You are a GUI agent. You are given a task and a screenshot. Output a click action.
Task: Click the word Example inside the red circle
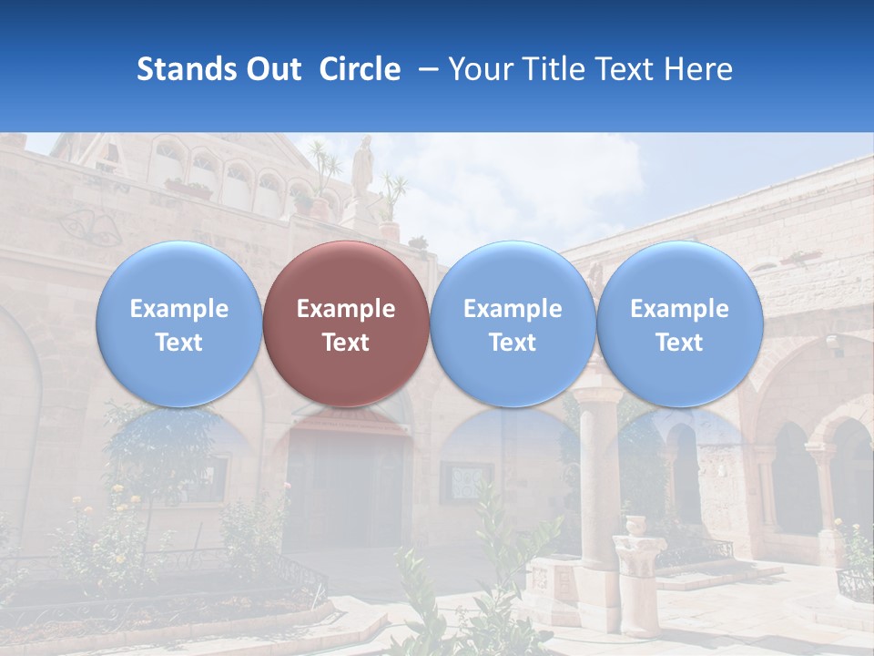click(346, 309)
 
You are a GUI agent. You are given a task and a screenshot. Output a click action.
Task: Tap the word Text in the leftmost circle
click(178, 343)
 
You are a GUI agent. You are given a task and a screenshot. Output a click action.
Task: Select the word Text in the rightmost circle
click(679, 343)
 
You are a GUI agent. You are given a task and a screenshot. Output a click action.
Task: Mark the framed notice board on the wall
click(466, 483)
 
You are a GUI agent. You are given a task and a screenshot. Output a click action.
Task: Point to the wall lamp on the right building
click(832, 343)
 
